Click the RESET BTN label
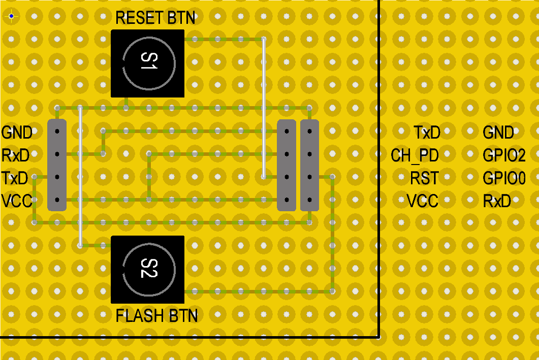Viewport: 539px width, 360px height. pyautogui.click(x=155, y=18)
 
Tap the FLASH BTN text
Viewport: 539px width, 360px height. pyautogui.click(x=156, y=316)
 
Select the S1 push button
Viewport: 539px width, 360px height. pyautogui.click(x=148, y=63)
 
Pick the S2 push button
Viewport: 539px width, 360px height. pyautogui.click(x=148, y=269)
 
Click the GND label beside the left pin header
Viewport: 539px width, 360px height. pyautogui.click(x=17, y=133)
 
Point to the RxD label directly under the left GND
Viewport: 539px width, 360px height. pyautogui.click(x=15, y=155)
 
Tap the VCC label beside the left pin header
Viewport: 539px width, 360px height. pyautogui.click(x=16, y=201)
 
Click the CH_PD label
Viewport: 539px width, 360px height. pyautogui.click(x=415, y=155)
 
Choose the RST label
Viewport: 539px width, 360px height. pyautogui.click(x=425, y=178)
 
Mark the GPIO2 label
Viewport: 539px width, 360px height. pyautogui.click(x=504, y=155)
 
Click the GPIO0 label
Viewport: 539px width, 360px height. pyautogui.click(x=504, y=178)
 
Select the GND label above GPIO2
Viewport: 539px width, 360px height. pyautogui.click(x=498, y=133)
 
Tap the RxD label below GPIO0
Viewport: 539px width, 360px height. pyautogui.click(x=497, y=201)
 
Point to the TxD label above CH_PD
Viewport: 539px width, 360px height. pyautogui.click(x=427, y=133)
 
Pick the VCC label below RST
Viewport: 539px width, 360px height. pyautogui.click(x=423, y=201)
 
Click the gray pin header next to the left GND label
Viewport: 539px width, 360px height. pyautogui.click(x=57, y=165)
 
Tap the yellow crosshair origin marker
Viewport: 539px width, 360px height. pyautogui.click(x=11, y=16)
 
